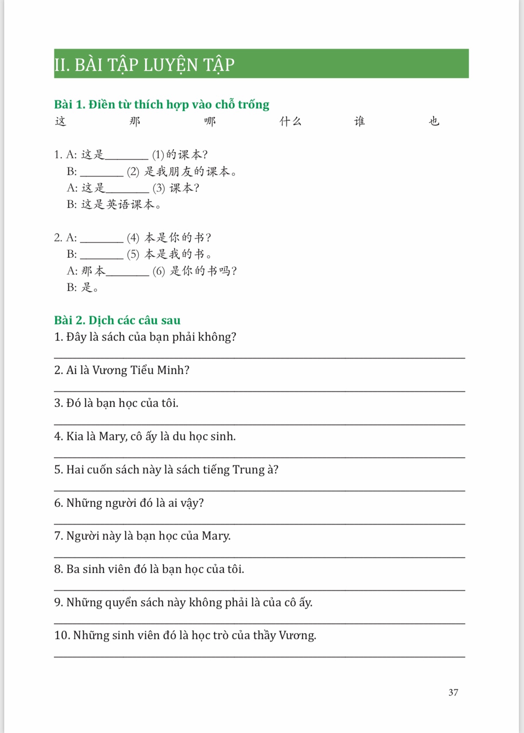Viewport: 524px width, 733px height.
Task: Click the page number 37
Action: pyautogui.click(x=453, y=692)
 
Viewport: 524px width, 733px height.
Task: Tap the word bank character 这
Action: pyautogui.click(x=61, y=121)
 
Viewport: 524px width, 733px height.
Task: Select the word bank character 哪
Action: pyautogui.click(x=210, y=121)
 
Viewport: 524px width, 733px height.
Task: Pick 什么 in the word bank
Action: pyautogui.click(x=290, y=121)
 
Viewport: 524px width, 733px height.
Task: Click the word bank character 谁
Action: pyautogui.click(x=359, y=121)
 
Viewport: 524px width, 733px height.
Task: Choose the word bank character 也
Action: pyautogui.click(x=434, y=121)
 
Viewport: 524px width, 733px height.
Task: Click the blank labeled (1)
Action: pyautogui.click(x=127, y=157)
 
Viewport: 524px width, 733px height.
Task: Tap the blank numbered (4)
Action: pyautogui.click(x=102, y=240)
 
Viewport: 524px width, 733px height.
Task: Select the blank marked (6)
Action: pyautogui.click(x=127, y=273)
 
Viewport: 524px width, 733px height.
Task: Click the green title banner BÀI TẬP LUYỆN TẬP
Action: pyautogui.click(x=261, y=64)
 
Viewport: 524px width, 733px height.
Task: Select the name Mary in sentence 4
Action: pyautogui.click(x=113, y=436)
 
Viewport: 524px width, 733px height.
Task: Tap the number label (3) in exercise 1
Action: pyautogui.click(x=159, y=188)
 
